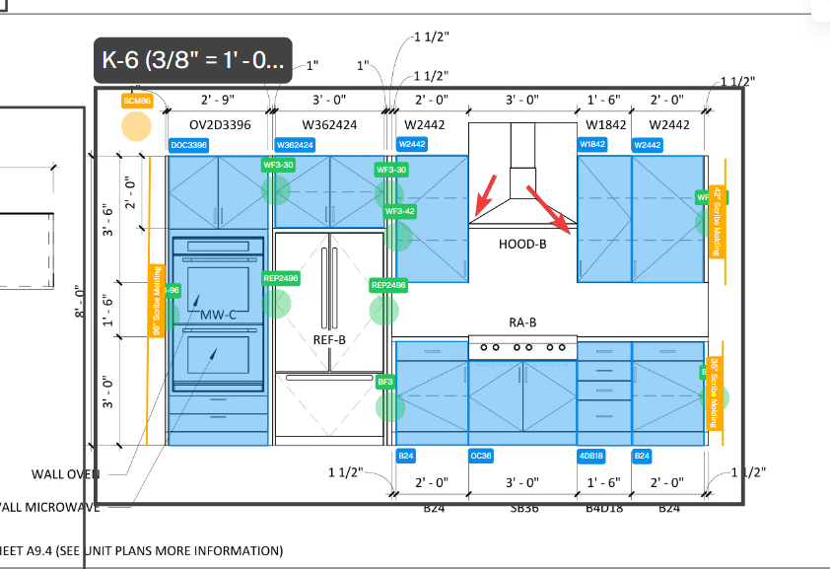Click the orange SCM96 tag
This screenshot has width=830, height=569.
pyautogui.click(x=136, y=101)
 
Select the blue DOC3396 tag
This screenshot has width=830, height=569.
pyautogui.click(x=188, y=145)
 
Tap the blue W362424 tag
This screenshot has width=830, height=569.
pyautogui.click(x=295, y=145)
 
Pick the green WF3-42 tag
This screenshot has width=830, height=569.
pyautogui.click(x=399, y=211)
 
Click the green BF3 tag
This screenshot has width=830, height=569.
pyautogui.click(x=385, y=381)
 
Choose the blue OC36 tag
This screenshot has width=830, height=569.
pyautogui.click(x=481, y=456)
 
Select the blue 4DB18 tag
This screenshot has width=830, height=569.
pyautogui.click(x=591, y=456)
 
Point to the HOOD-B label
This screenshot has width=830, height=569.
pyautogui.click(x=521, y=243)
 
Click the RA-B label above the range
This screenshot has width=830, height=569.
pyautogui.click(x=521, y=322)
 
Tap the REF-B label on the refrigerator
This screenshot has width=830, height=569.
pyautogui.click(x=329, y=340)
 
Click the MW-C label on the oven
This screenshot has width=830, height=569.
pyautogui.click(x=219, y=316)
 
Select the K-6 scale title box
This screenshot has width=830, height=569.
pyautogui.click(x=193, y=61)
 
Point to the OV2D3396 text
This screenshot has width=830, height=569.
pyautogui.click(x=220, y=124)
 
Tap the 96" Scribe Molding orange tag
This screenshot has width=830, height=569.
pyautogui.click(x=156, y=301)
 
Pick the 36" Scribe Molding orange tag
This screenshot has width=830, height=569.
pyautogui.click(x=714, y=393)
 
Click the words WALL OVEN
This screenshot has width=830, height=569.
pyautogui.click(x=66, y=473)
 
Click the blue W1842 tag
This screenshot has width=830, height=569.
pyautogui.click(x=592, y=145)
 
